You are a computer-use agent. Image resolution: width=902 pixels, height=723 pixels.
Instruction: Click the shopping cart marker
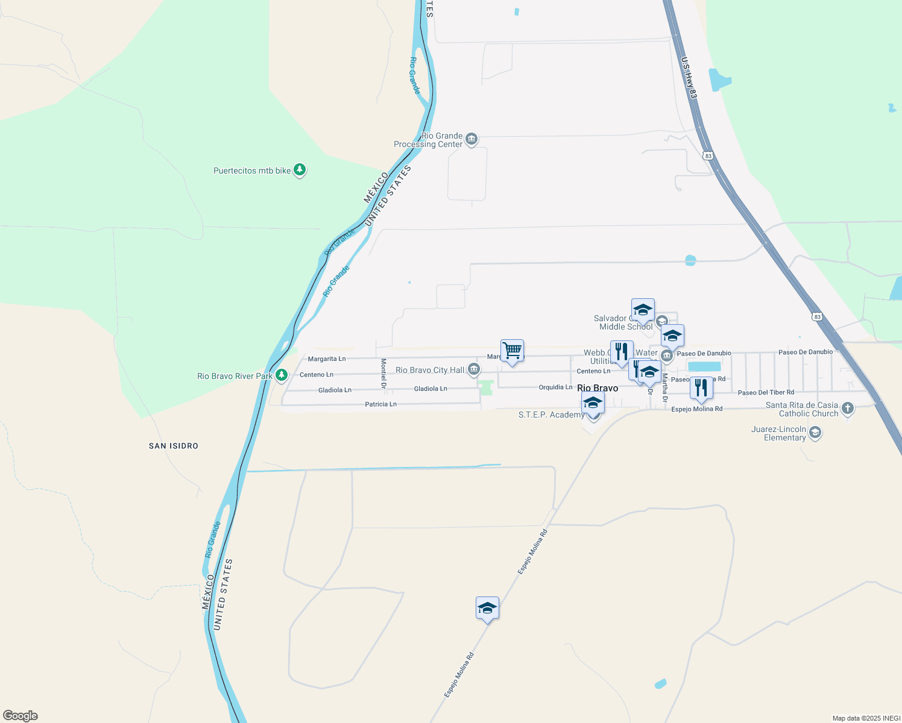click(512, 350)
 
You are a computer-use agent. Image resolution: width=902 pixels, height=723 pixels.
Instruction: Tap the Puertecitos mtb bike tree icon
click(300, 170)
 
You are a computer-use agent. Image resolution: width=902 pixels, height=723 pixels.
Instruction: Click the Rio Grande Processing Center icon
click(471, 140)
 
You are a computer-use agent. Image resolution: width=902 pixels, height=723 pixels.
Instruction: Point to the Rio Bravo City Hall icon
click(474, 369)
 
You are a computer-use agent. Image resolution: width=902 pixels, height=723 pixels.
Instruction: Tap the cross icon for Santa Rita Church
click(848, 408)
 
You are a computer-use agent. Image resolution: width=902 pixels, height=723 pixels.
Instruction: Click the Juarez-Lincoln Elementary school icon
click(815, 433)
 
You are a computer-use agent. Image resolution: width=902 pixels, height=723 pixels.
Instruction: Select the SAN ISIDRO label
click(174, 446)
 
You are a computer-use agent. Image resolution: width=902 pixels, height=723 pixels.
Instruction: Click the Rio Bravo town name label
click(598, 388)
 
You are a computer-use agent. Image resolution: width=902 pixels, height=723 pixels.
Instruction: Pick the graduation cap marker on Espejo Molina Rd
click(487, 608)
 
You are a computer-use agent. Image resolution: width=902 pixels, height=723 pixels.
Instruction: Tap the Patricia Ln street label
click(380, 404)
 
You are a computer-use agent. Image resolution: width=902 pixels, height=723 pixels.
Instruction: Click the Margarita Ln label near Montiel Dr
click(327, 359)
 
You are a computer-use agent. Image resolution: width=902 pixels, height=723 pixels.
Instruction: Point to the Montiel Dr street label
click(383, 373)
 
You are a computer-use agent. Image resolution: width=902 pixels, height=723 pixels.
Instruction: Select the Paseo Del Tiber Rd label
click(766, 393)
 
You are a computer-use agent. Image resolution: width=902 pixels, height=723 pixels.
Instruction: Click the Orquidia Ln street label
click(555, 387)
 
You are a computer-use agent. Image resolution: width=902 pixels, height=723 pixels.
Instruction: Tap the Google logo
click(20, 716)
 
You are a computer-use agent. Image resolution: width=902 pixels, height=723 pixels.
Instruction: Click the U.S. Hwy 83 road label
click(689, 78)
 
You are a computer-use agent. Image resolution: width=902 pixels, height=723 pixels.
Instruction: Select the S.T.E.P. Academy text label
click(551, 415)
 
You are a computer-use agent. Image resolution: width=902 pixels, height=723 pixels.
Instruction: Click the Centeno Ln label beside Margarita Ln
click(317, 375)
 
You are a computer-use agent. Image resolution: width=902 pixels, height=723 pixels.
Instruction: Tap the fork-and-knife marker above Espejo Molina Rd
click(701, 387)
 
